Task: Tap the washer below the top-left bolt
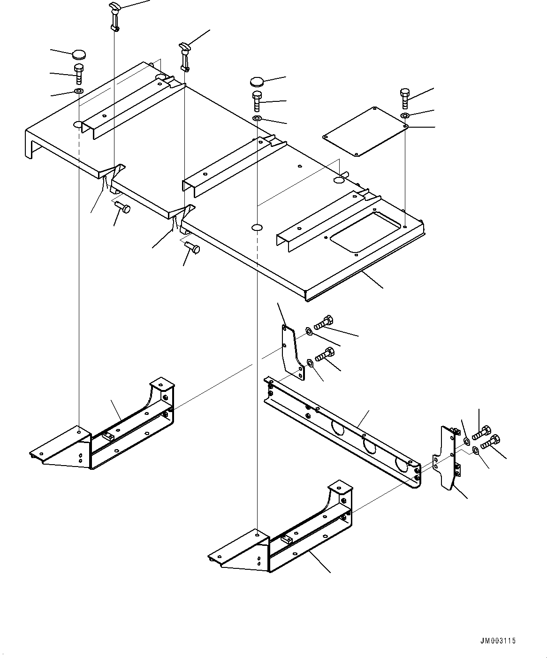click(79, 90)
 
